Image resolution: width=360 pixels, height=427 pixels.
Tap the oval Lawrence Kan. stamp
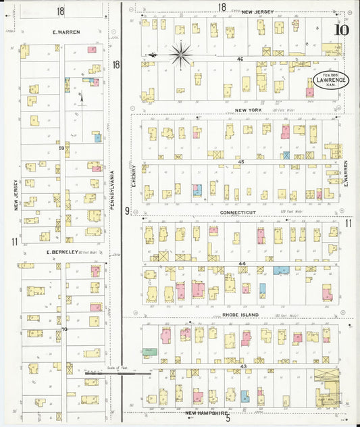(330, 79)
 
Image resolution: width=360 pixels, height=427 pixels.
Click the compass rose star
(181, 54)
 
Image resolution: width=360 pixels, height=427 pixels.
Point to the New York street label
(248, 109)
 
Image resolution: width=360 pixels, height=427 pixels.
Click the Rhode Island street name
(240, 314)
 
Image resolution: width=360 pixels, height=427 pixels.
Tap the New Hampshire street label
(207, 412)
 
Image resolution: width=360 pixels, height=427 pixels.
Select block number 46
(239, 59)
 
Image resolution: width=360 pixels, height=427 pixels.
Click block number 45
(240, 161)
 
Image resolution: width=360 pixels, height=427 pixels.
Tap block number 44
(241, 263)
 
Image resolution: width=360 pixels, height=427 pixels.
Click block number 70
(63, 329)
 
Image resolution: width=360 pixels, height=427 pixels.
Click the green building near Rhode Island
(149, 351)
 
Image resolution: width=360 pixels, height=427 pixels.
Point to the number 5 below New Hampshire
(228, 419)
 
